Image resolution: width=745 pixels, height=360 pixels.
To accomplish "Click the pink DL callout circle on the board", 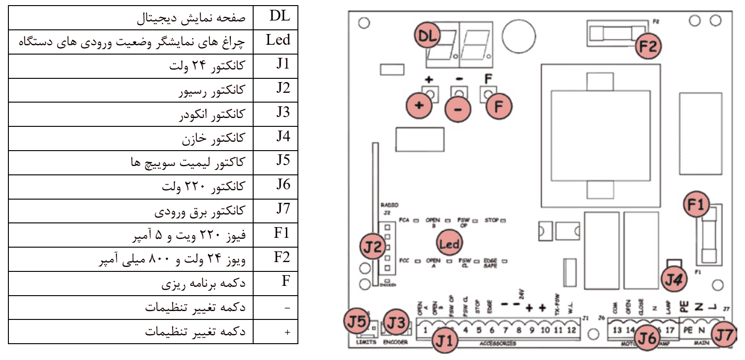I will pos(427,35).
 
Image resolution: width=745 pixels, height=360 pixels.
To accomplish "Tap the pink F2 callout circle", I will pos(648,46).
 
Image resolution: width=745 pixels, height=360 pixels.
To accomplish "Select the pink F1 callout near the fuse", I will pos(696,204).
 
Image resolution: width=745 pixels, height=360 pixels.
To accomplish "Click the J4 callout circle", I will pos(674,279).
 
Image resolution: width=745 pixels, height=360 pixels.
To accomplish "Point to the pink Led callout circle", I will pos(449,243).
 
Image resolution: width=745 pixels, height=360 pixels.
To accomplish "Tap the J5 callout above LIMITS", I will pos(357,321).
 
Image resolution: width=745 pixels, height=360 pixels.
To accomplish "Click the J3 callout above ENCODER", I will pos(396,323).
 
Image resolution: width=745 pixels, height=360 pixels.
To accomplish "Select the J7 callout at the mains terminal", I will pos(724,334).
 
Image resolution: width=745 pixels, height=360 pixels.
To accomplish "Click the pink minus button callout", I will pos(458,109).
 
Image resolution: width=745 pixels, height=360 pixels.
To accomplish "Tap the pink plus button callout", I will pos(419,105).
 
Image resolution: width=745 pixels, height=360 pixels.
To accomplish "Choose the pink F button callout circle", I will pos(498,106).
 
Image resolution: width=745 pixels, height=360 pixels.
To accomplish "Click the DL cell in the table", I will pos(279,17).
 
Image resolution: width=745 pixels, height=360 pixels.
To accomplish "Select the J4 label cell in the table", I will pos(283,137).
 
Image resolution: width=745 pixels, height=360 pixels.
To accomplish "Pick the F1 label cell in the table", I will pos(282,233).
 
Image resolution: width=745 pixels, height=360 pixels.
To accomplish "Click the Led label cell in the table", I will pos(278,41).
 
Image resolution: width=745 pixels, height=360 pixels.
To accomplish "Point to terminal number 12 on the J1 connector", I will pos(571,330).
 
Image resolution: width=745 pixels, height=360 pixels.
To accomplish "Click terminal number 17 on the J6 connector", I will pos(669,330).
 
